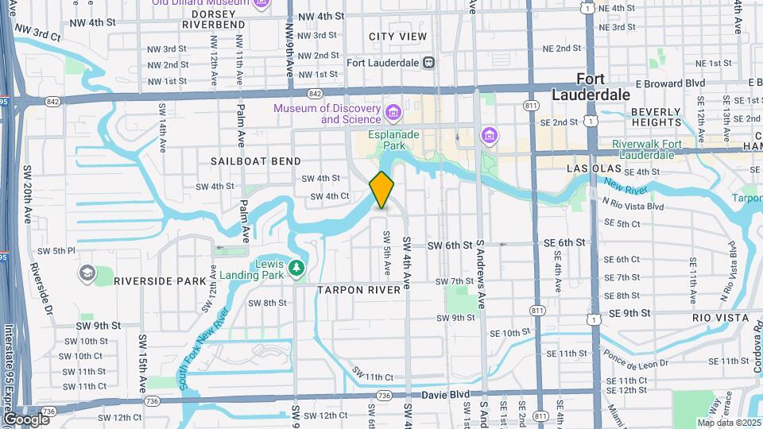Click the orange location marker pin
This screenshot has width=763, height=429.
pyautogui.click(x=381, y=189)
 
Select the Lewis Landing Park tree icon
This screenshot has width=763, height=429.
pyautogui.click(x=296, y=268)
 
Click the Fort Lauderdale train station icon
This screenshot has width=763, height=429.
pyautogui.click(x=429, y=62)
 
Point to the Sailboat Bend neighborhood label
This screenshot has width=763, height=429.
pyautogui.click(x=245, y=161)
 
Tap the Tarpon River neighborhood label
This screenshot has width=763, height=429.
pyautogui.click(x=359, y=290)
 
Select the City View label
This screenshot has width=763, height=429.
pyautogui.click(x=397, y=37)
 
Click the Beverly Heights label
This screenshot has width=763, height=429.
pyautogui.click(x=656, y=117)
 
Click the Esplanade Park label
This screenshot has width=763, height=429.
pyautogui.click(x=393, y=141)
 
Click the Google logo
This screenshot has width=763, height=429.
pyautogui.click(x=25, y=419)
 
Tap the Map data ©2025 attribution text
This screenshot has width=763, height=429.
pyautogui.click(x=729, y=423)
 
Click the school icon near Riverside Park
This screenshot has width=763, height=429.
pyautogui.click(x=86, y=274)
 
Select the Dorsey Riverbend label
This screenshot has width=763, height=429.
pyautogui.click(x=213, y=19)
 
